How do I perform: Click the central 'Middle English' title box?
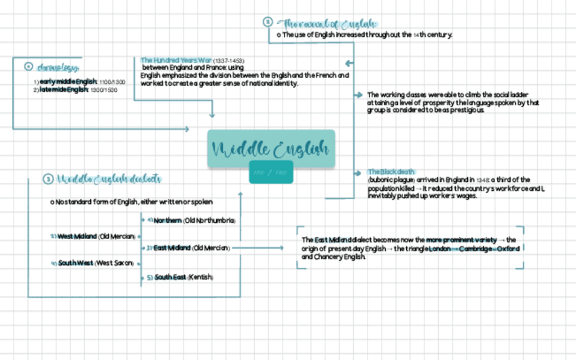click(271, 149)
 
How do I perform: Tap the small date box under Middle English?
click(271, 173)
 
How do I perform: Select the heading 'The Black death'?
click(391, 172)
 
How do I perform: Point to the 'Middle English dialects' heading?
click(109, 179)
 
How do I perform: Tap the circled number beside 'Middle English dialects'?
click(48, 179)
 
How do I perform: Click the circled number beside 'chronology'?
click(29, 67)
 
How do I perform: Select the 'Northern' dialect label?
click(168, 221)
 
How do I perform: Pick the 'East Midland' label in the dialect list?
click(172, 248)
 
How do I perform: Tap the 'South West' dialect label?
click(75, 263)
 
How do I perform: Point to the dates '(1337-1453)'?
click(229, 60)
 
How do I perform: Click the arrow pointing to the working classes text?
click(359, 95)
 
